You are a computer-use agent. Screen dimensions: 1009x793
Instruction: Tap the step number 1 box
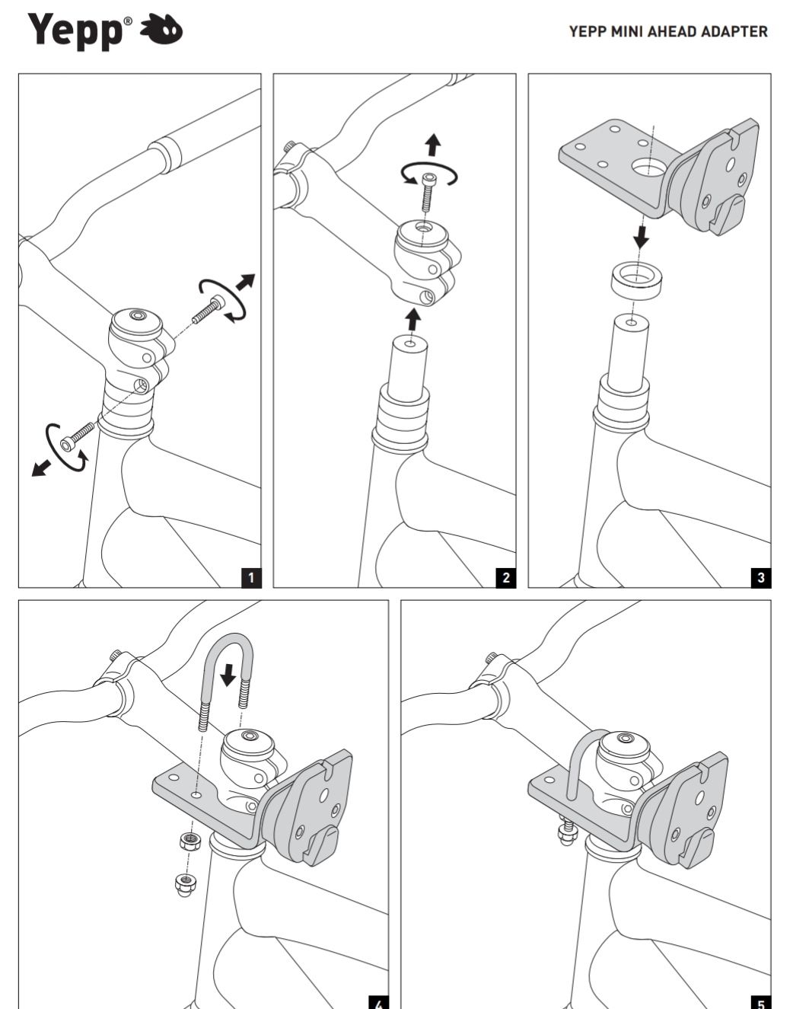coord(251,577)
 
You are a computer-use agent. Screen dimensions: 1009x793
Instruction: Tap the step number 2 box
coord(506,577)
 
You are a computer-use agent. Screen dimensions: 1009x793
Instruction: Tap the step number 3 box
coord(761,577)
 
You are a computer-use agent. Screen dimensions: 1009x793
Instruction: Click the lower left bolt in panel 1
coord(78,435)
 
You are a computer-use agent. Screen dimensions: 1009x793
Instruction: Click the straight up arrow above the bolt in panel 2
coord(433,144)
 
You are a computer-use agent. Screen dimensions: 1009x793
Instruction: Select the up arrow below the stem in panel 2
coord(412,318)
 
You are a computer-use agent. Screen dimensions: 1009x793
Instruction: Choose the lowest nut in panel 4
coord(183,884)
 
